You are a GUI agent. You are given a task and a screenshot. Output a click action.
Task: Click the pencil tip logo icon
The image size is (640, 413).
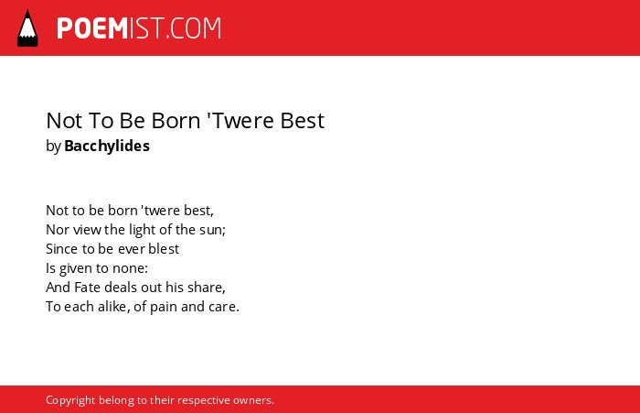point(27,27)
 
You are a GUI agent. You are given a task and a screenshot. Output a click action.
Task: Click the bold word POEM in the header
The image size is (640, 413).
point(92,28)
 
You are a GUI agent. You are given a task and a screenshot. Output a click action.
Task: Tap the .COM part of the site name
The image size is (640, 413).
point(194,28)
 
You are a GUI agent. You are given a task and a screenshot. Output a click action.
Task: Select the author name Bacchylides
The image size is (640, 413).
point(107,146)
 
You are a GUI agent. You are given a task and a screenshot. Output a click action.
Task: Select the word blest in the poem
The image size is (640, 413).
point(164,248)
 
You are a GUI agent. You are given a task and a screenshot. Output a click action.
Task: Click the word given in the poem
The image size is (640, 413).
point(76,268)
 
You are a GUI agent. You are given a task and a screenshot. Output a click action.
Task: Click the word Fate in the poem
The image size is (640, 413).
point(88,287)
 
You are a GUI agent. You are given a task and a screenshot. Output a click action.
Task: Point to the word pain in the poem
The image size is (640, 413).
point(164,307)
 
